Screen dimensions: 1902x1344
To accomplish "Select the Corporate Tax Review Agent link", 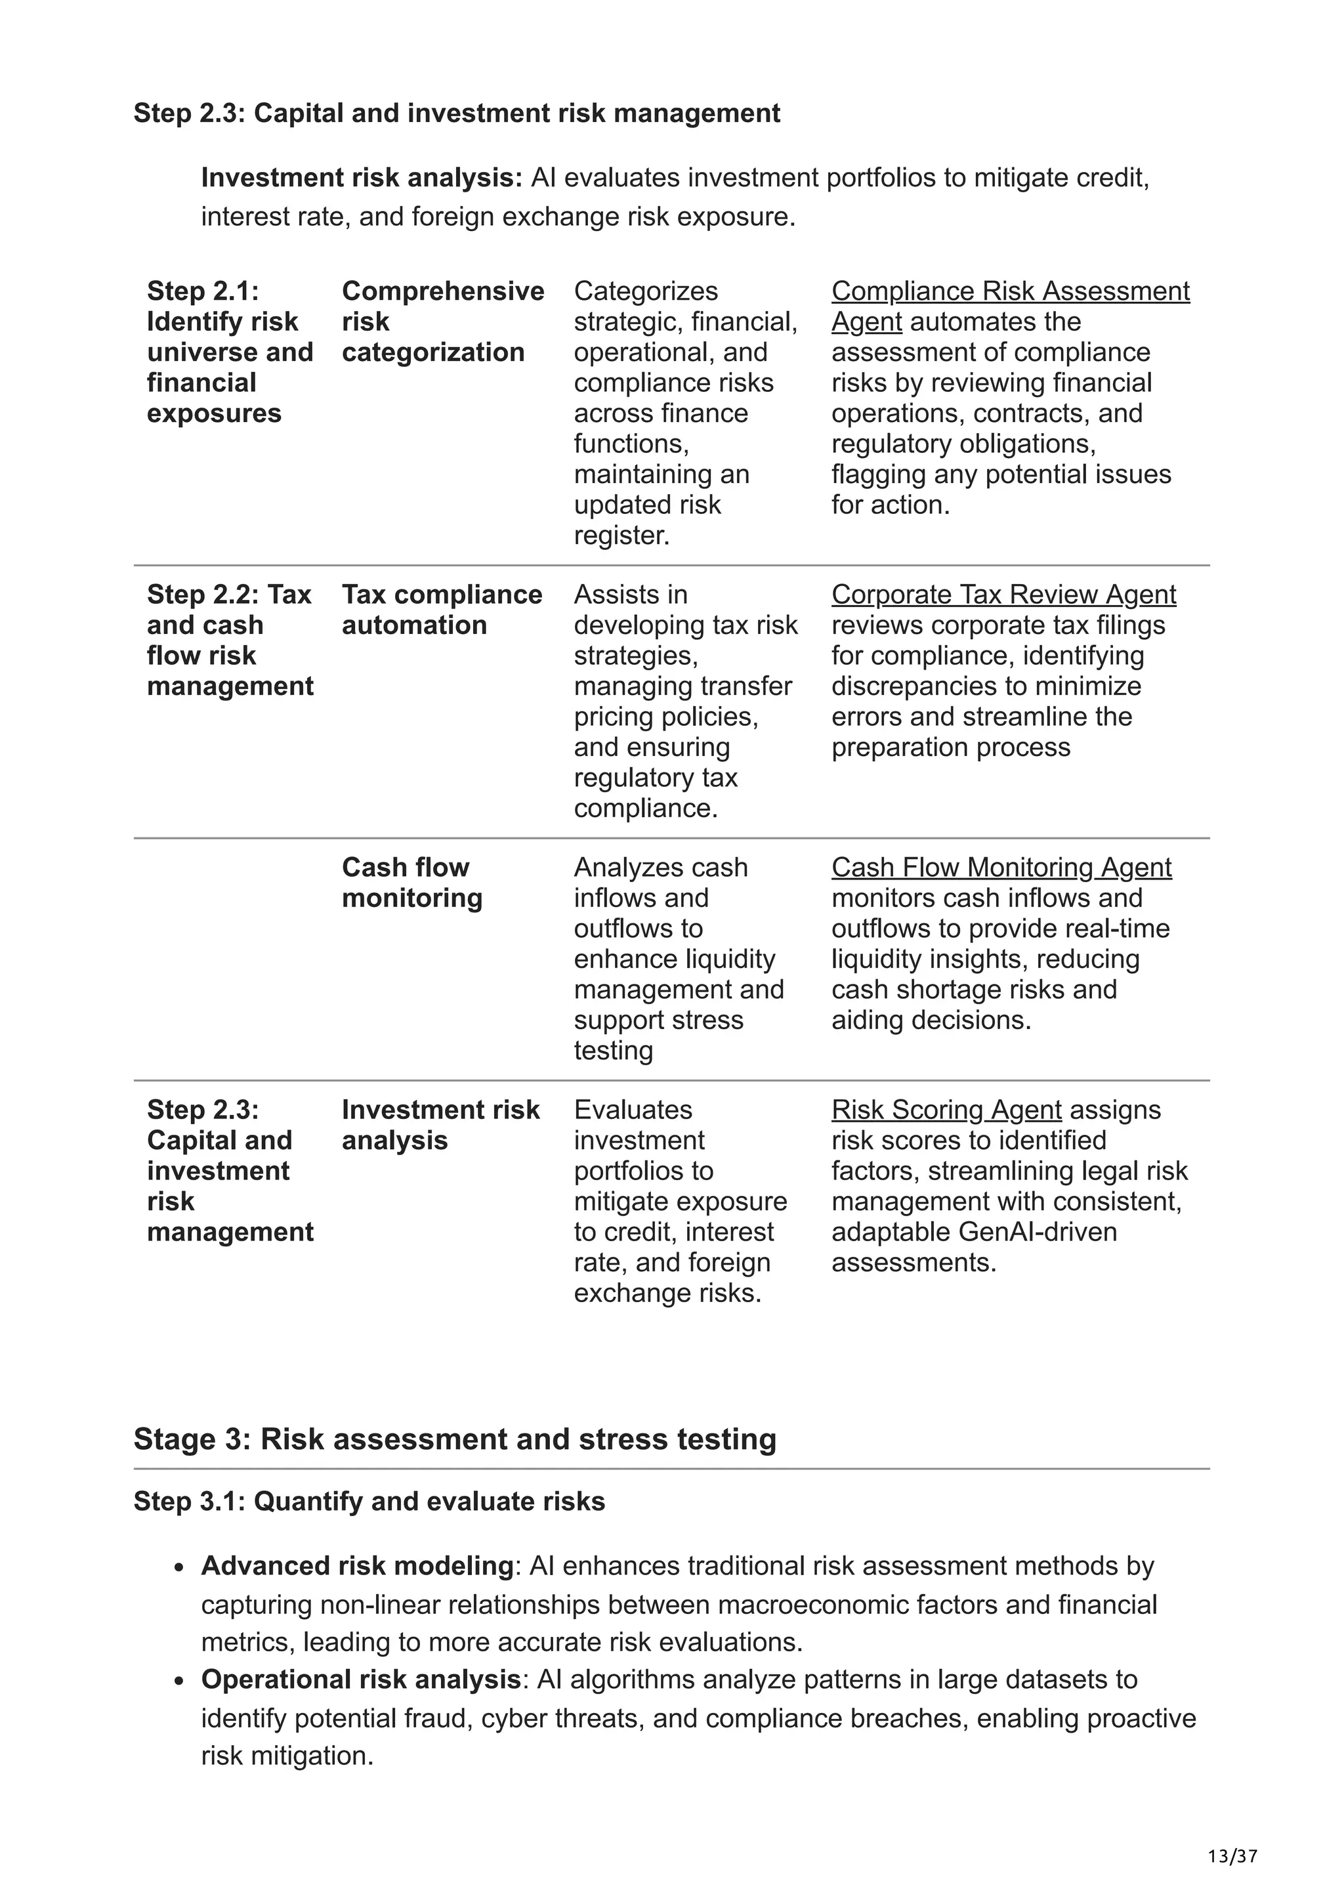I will [x=1003, y=595].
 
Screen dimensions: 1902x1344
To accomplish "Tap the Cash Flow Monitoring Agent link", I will [x=1000, y=868].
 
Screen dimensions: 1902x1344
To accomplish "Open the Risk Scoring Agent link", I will [x=946, y=1110].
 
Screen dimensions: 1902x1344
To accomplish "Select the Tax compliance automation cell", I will [x=442, y=610].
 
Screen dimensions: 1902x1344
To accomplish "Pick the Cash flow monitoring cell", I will [x=411, y=882].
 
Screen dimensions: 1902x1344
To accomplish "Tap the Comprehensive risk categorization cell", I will [x=442, y=322].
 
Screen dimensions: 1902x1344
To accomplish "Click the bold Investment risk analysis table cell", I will [x=440, y=1125].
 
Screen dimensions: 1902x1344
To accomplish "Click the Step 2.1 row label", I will [x=230, y=352].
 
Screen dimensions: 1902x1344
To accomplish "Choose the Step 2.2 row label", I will [x=230, y=641].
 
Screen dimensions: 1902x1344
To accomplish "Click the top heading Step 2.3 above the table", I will [x=456, y=114].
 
